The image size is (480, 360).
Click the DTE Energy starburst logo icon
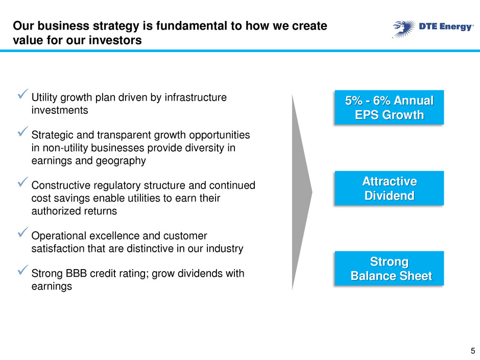pyautogui.click(x=404, y=29)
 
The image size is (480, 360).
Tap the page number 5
pyautogui.click(x=473, y=351)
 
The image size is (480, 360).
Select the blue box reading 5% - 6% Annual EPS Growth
pyautogui.click(x=389, y=107)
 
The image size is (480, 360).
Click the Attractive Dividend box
pyautogui.click(x=389, y=188)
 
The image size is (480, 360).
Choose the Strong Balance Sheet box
pyautogui.click(x=389, y=269)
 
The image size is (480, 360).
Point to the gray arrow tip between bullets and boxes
pyautogui.click(x=312, y=192)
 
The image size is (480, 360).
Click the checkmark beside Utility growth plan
pyautogui.click(x=23, y=93)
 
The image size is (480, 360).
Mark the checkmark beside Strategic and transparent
pyautogui.click(x=23, y=131)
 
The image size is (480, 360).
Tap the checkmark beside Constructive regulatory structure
pyautogui.click(x=23, y=182)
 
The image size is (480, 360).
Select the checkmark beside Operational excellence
pyautogui.click(x=23, y=232)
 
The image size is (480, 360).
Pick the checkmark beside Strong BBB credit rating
pyautogui.click(x=23, y=270)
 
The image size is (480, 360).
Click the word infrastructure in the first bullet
pyautogui.click(x=196, y=98)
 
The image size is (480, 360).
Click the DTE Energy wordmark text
pyautogui.click(x=446, y=27)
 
